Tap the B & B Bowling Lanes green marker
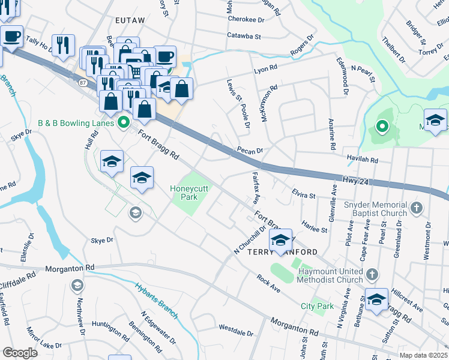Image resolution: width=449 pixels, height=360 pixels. click(x=124, y=124)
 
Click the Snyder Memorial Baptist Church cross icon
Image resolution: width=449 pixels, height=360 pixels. click(x=417, y=209)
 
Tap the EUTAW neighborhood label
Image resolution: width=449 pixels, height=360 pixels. click(x=130, y=20)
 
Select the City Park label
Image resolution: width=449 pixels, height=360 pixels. click(x=317, y=306)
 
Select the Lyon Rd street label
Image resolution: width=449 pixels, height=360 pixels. click(x=266, y=69)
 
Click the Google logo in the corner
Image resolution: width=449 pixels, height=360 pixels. click(x=19, y=353)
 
